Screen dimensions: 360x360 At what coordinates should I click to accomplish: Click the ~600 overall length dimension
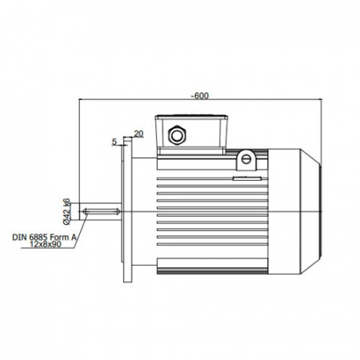point(200,96)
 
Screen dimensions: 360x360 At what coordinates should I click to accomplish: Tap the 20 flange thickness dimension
point(138,134)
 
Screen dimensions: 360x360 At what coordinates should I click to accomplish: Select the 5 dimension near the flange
point(114,142)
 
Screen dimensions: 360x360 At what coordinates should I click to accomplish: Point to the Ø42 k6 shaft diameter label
point(66,211)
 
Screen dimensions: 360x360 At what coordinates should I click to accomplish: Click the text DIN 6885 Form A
point(44,237)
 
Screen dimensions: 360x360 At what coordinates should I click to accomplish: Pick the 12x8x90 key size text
point(46,244)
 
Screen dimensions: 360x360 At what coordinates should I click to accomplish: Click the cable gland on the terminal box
point(177,135)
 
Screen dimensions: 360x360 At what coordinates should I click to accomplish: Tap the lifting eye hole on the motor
point(246,159)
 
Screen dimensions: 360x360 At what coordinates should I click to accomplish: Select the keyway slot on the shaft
point(102,211)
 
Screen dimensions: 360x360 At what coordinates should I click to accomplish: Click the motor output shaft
point(101,211)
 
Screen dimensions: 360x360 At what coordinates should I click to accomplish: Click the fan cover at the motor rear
point(294,211)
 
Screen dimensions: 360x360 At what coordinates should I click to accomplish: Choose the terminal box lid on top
point(191,117)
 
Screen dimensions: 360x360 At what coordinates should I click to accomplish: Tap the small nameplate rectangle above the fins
point(247,178)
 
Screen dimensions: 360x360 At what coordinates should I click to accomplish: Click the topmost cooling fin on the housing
point(212,178)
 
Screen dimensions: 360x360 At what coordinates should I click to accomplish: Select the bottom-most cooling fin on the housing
point(212,244)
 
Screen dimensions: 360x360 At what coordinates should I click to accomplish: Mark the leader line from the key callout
point(81,230)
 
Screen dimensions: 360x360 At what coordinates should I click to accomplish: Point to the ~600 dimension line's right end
point(322,99)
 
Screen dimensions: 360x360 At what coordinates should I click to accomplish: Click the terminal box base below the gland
point(191,151)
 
